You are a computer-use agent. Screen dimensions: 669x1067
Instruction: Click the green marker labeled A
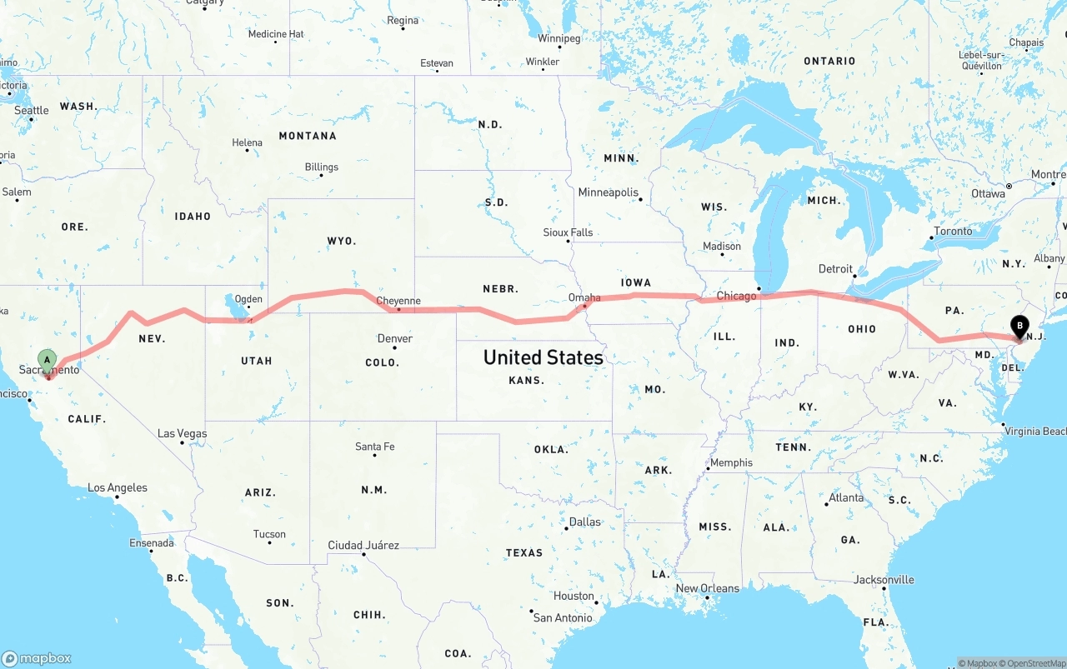pos(48,361)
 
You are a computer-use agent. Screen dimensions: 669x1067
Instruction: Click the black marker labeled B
pos(1019,327)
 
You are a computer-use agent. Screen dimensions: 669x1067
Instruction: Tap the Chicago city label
pos(736,296)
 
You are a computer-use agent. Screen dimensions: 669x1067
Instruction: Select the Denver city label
pos(394,338)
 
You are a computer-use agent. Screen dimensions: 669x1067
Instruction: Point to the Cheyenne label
pos(398,302)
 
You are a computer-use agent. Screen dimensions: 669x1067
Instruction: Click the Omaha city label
pos(584,297)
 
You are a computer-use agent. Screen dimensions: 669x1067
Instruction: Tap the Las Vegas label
pos(183,434)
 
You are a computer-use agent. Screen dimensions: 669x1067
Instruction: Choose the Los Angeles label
pos(118,487)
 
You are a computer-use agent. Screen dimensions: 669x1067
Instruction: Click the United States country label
pos(543,357)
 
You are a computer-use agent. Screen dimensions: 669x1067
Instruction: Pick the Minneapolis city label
pos(608,192)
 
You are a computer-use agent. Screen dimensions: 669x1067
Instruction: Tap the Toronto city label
pos(953,232)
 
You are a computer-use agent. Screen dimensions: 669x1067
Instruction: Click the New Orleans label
pos(707,588)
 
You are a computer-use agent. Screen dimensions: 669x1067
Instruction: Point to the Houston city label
pos(574,597)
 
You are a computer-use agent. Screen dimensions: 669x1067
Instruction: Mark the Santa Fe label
pos(374,447)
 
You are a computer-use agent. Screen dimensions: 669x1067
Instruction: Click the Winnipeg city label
pos(559,38)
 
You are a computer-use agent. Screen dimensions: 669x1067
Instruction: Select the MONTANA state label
pos(308,136)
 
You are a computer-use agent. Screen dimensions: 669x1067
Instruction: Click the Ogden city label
pos(248,299)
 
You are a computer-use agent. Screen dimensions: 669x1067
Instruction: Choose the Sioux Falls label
pos(568,232)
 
